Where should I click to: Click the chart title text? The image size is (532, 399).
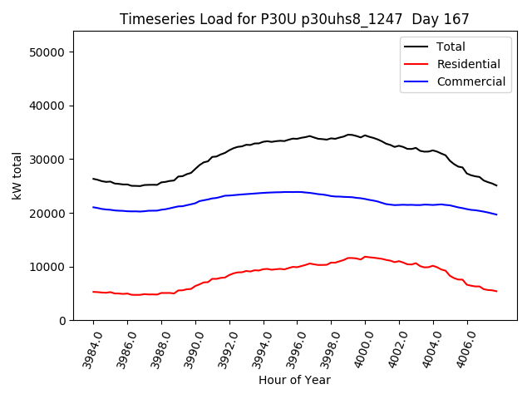pos(294,19)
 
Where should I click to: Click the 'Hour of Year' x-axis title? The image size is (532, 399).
pos(294,380)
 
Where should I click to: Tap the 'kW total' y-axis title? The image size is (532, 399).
pos(17,176)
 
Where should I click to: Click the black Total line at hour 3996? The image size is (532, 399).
pos(298,138)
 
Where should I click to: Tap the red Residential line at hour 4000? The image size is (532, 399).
pos(365,257)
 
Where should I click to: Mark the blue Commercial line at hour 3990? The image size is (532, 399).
pos(195,202)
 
